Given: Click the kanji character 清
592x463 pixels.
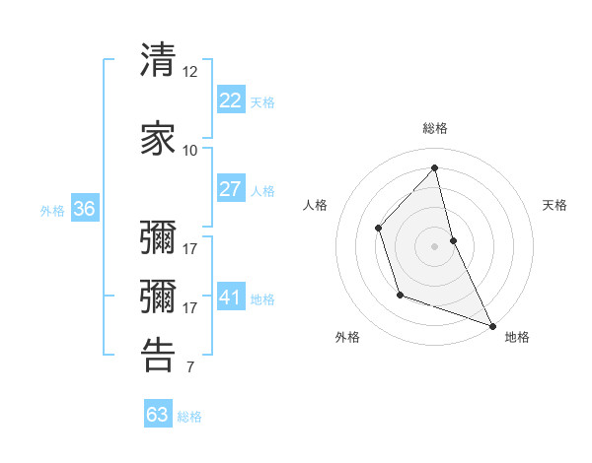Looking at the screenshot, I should point(158,60).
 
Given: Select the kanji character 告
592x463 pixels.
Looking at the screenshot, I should point(158,355).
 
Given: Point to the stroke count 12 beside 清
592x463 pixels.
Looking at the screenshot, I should point(189,72).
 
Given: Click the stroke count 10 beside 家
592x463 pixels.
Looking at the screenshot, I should point(189,150).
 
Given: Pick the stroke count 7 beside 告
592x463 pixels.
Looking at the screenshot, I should point(189,368).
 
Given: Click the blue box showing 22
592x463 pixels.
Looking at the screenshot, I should point(230,100).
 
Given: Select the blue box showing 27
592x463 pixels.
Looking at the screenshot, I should point(230,189).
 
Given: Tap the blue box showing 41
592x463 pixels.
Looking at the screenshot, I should point(230,298).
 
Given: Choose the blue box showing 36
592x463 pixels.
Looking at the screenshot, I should point(84,209).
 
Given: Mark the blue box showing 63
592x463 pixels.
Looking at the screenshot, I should point(158,415).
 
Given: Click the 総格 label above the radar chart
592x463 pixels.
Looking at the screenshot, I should point(434,128).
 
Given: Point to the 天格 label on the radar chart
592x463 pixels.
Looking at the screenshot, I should point(555,205).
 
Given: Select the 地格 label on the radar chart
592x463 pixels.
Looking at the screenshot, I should point(517,337).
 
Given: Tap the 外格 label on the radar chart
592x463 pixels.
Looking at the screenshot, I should point(347,337).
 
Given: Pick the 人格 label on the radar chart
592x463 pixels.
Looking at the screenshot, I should point(315,205).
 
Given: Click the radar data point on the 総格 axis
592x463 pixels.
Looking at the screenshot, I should point(434,168).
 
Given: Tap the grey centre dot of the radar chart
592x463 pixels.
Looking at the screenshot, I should point(434,245).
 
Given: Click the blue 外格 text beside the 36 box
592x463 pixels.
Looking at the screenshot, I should point(52,210).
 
